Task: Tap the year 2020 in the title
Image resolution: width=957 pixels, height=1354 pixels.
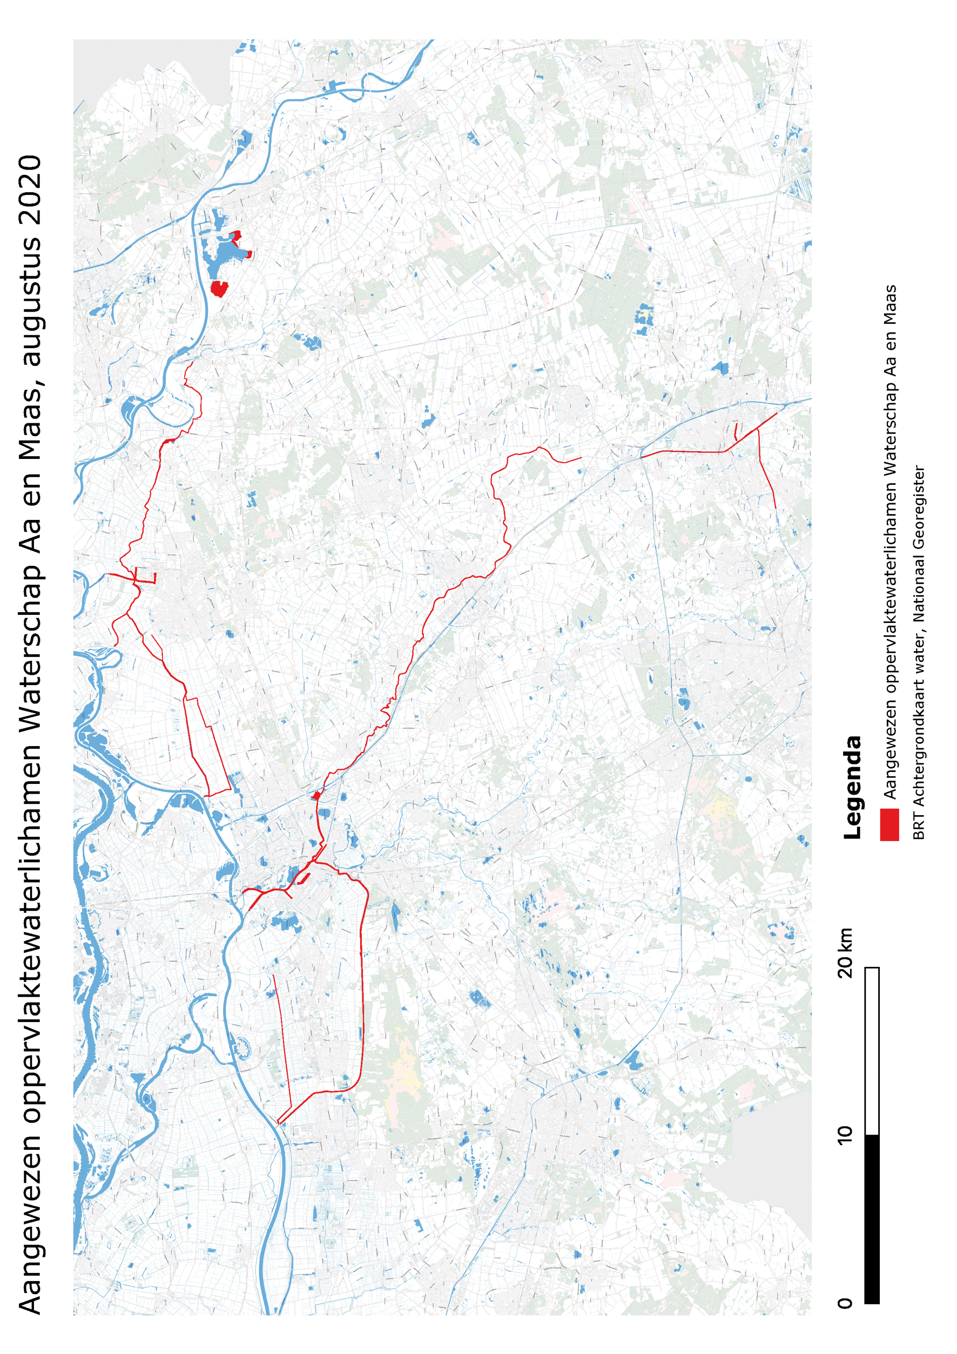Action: click(31, 189)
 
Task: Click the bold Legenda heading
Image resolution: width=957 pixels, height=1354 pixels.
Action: click(852, 787)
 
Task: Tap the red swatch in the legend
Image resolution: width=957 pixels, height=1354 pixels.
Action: click(889, 824)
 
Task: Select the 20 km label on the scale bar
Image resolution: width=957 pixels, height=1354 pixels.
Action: click(845, 952)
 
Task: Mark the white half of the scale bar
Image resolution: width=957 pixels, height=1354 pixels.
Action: click(872, 1050)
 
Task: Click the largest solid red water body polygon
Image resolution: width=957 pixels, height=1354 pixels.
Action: click(219, 288)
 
